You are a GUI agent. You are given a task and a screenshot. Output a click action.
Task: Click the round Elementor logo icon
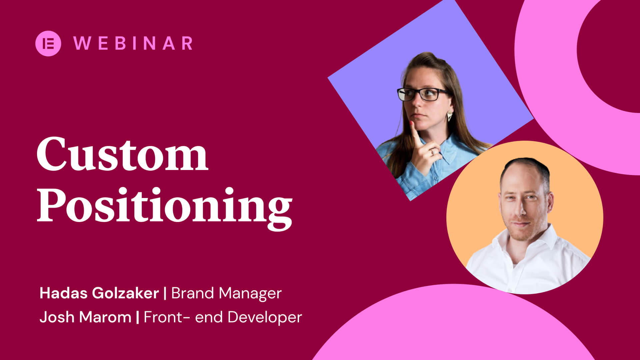point(48,43)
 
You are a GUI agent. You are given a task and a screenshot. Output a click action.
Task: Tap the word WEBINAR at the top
point(133,43)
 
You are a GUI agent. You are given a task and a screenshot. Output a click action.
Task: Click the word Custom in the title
point(122,154)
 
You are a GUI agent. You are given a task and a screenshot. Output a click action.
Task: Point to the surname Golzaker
point(125,293)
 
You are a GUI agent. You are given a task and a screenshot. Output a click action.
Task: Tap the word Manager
point(250,294)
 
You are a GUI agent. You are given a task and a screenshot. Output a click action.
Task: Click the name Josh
point(57,317)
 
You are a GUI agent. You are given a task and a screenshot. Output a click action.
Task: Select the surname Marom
point(105,317)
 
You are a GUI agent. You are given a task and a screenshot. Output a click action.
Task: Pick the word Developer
point(265,317)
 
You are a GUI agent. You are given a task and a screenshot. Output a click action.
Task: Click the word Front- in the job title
point(167,317)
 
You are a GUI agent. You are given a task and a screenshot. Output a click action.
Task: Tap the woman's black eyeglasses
point(423,94)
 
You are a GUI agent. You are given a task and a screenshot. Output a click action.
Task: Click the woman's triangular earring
point(450,116)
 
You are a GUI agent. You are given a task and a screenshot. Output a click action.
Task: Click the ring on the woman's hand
point(432,152)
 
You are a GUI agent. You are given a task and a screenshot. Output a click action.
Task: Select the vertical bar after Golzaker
point(165,293)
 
